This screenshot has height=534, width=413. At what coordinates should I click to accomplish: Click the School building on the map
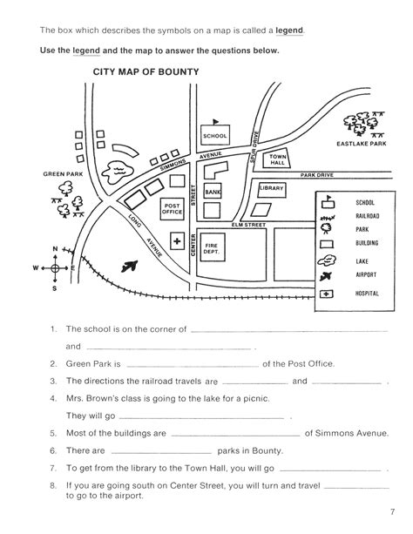(215, 135)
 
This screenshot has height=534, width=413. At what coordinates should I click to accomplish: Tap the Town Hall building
(276, 159)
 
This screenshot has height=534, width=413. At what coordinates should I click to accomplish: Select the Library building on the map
(272, 190)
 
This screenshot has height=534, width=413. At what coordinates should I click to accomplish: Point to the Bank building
(213, 192)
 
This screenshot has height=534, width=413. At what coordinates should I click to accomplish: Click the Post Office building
(173, 209)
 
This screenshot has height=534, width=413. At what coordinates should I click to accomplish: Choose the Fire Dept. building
(213, 247)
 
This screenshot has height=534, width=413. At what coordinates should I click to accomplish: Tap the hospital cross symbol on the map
(177, 241)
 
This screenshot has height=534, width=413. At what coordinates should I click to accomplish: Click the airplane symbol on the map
(130, 266)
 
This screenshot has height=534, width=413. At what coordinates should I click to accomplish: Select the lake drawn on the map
(116, 172)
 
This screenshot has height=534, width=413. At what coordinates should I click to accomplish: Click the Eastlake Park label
(362, 144)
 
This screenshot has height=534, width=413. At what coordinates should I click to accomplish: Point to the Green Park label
(63, 174)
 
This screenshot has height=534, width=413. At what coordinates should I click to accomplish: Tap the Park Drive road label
(317, 175)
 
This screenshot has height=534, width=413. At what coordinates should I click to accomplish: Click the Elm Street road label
(248, 225)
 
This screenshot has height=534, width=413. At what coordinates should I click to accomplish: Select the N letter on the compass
(55, 249)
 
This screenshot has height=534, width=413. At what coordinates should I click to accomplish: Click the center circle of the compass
(55, 268)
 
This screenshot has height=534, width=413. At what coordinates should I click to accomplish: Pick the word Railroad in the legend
(368, 216)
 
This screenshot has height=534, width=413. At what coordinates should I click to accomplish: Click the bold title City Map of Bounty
(146, 71)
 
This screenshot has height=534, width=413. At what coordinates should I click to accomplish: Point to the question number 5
(53, 434)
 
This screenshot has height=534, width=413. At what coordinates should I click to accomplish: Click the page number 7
(392, 511)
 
